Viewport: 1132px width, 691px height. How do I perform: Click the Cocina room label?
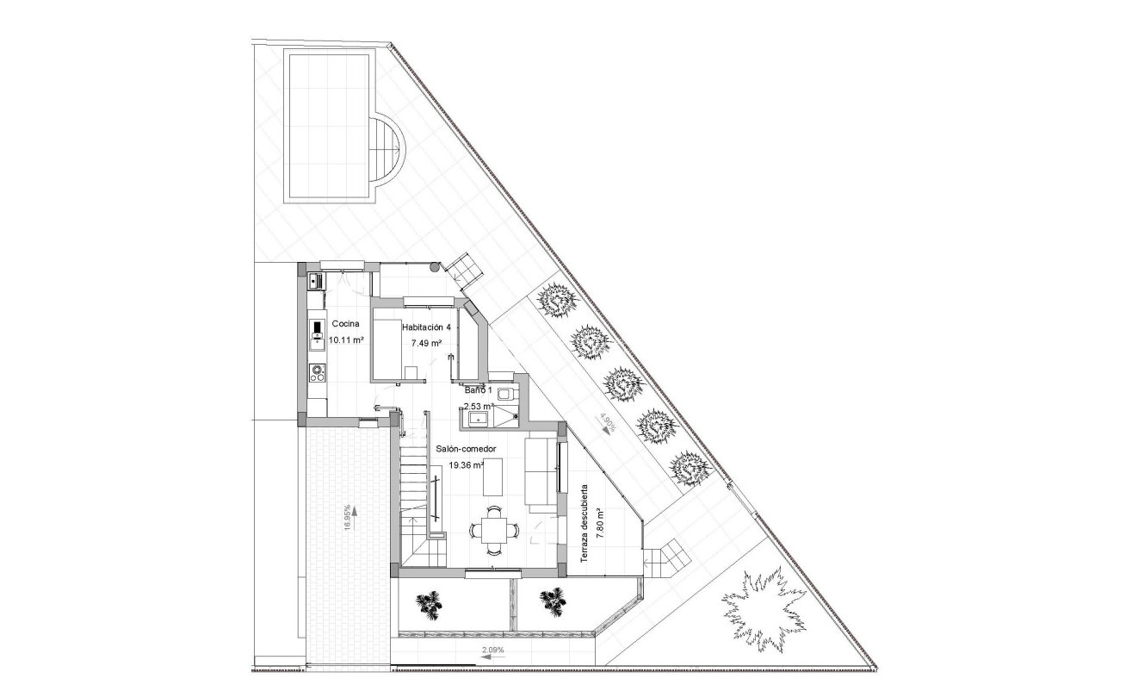click(x=345, y=325)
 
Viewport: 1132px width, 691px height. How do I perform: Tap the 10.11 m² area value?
click(x=345, y=340)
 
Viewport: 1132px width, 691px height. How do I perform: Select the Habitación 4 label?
click(x=426, y=327)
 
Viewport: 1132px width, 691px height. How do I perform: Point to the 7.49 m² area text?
click(x=426, y=343)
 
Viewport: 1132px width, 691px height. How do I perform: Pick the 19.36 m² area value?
click(x=466, y=465)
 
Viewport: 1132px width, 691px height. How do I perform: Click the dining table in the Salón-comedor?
click(x=494, y=528)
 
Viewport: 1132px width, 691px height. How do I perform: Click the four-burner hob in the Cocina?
click(x=317, y=373)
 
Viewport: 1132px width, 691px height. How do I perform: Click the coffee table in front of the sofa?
click(x=493, y=478)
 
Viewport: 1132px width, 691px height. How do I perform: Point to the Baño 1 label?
click(x=479, y=390)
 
